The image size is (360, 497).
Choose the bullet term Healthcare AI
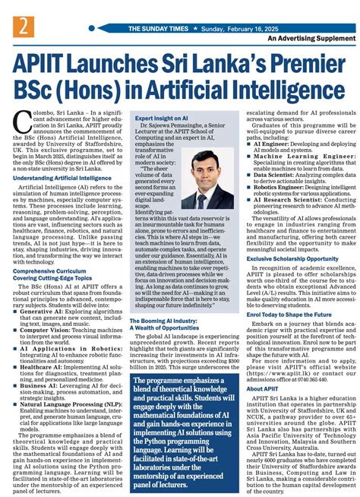tap(43, 370)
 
